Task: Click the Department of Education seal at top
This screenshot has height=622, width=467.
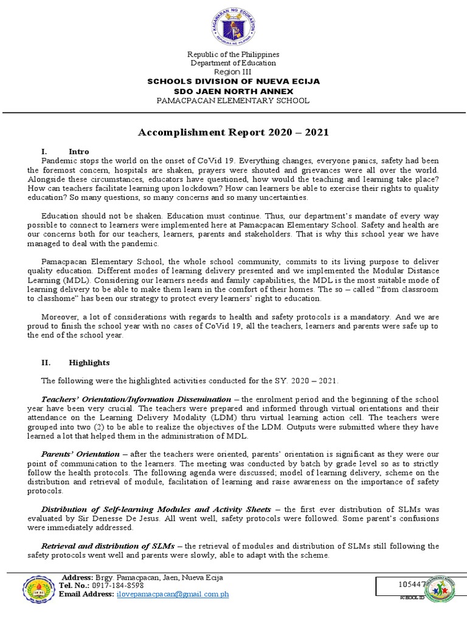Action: click(233, 27)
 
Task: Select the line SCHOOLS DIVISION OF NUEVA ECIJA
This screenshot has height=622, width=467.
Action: click(233, 81)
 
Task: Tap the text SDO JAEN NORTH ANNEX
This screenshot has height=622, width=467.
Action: click(233, 91)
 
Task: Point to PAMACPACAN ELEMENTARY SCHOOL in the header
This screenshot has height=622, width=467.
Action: click(233, 100)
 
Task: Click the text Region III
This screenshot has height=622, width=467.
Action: click(233, 72)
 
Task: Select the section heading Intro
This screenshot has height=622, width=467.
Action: click(79, 151)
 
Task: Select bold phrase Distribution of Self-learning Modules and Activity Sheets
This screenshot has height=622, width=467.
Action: click(156, 508)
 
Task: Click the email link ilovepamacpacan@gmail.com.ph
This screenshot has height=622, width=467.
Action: click(173, 595)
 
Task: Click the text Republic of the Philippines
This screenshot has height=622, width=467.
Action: click(233, 54)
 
